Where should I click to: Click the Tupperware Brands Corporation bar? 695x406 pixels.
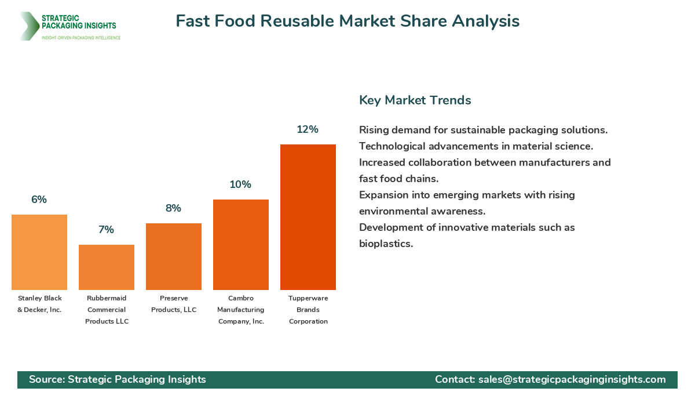coord(308,217)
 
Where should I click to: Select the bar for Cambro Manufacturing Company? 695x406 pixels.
coord(241,245)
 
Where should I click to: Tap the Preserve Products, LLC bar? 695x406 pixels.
coord(174,256)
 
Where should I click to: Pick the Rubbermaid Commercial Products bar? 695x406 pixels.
coord(107,267)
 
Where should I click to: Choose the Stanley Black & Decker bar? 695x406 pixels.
coord(39,252)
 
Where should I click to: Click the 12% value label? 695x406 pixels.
coord(308,129)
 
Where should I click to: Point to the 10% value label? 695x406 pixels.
coord(240,184)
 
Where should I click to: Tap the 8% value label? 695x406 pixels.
coord(173,208)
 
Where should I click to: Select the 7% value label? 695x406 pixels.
coord(106,230)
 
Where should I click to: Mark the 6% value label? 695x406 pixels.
coord(39,200)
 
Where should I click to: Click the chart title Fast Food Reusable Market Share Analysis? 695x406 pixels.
coord(348,21)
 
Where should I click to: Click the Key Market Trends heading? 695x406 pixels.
coord(415,100)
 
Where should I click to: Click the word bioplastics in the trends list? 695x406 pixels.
coord(385,244)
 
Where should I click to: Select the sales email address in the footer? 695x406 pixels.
coord(572,379)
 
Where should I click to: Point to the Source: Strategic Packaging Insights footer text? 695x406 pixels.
coord(118,379)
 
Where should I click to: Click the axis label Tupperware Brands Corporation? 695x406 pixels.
coord(308,310)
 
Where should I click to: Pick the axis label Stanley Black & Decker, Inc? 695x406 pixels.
coord(39,304)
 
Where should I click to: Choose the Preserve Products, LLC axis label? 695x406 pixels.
coord(174,304)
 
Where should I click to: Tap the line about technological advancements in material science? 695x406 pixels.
coord(475,146)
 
